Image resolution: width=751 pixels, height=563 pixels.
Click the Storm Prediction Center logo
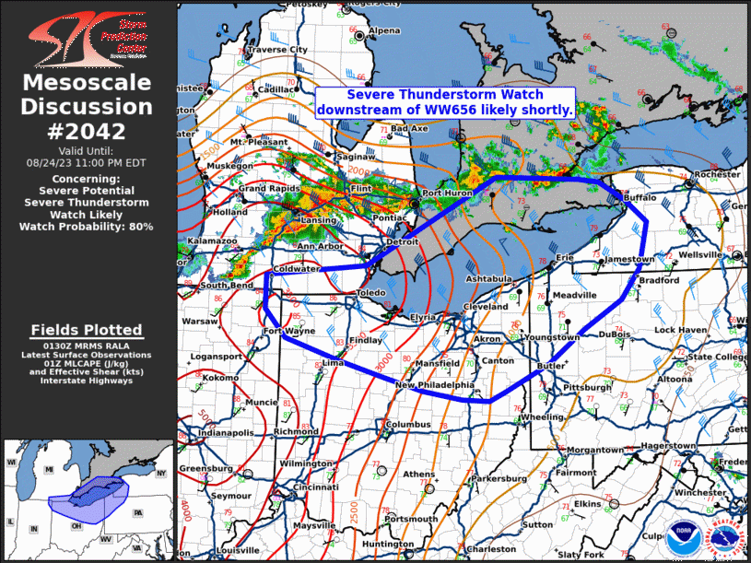tap(87, 37)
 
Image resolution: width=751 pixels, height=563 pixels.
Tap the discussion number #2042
tap(87, 131)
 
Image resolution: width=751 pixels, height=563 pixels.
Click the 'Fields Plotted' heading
tap(87, 330)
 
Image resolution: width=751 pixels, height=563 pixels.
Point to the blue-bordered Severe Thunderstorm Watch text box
tap(445, 102)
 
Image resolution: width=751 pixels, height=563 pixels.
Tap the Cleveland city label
tap(487, 306)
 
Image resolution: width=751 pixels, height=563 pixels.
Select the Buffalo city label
tap(640, 198)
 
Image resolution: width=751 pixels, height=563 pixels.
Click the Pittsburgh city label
tap(587, 387)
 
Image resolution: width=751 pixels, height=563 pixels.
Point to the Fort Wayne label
tap(285, 331)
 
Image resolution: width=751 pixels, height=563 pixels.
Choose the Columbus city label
tap(408, 425)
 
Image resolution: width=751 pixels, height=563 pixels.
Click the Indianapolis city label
tap(227, 432)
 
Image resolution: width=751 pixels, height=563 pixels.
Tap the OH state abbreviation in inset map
tap(76, 526)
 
